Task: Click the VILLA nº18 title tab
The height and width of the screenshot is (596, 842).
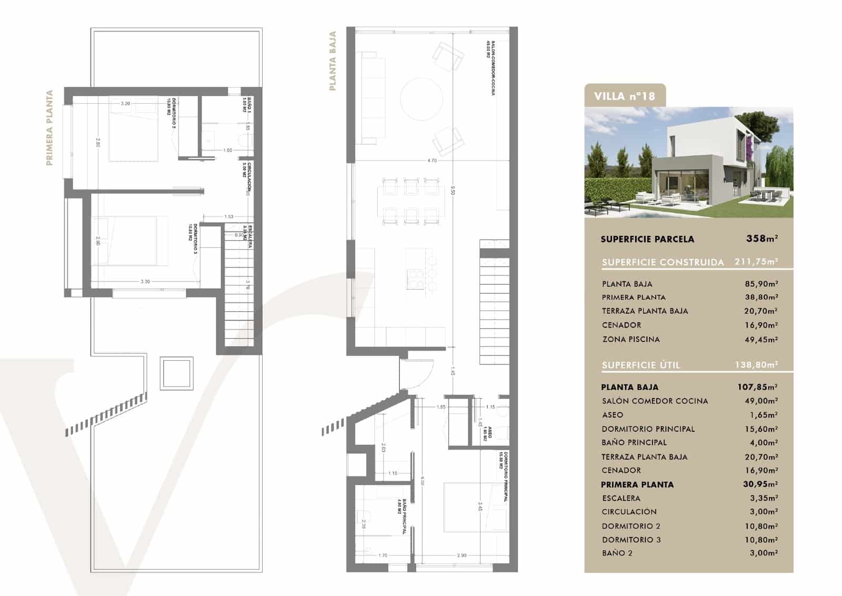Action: (625, 96)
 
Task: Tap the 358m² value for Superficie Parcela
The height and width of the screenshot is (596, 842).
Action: (761, 239)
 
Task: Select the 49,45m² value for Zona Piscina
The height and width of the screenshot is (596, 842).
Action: (761, 340)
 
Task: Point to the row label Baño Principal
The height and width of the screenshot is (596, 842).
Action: (634, 443)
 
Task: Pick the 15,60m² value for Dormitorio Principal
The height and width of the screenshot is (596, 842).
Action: (761, 429)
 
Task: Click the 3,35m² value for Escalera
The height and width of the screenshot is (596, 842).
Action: (763, 498)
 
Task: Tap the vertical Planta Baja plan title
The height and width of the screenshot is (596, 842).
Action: (333, 61)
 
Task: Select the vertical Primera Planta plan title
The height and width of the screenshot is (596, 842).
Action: (49, 128)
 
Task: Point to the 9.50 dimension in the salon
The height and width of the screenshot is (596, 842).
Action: (453, 193)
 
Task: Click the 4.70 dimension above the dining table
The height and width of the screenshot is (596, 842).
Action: (432, 161)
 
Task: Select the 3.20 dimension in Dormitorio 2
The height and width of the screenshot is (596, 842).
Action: (125, 104)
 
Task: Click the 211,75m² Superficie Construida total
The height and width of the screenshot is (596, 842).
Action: (756, 262)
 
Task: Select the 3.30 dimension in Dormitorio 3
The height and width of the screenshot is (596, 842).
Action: (145, 282)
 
